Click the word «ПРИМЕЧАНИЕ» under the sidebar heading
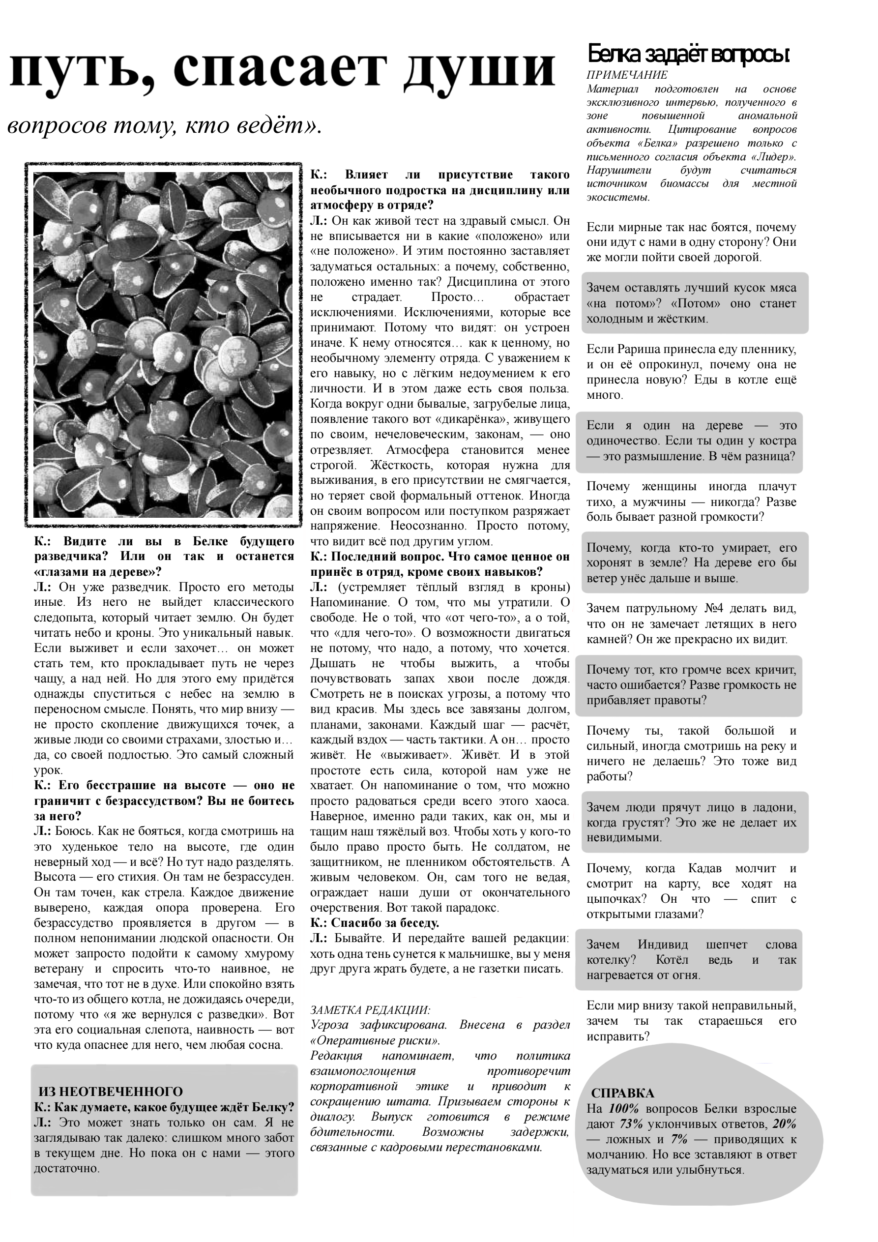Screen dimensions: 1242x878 click(627, 75)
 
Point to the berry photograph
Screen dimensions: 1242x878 click(163, 345)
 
